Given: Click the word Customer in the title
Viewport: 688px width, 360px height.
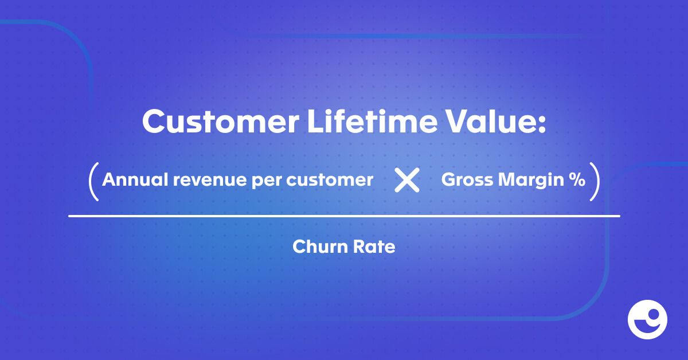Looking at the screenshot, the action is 221,122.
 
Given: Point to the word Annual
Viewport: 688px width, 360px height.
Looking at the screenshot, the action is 135,179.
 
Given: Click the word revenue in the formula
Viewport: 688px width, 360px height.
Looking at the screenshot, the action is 209,181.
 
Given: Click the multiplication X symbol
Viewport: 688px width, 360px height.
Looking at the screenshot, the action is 407,180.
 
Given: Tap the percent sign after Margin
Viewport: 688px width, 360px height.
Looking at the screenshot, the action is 577,179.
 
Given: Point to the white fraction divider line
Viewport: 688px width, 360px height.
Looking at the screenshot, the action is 344,216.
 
